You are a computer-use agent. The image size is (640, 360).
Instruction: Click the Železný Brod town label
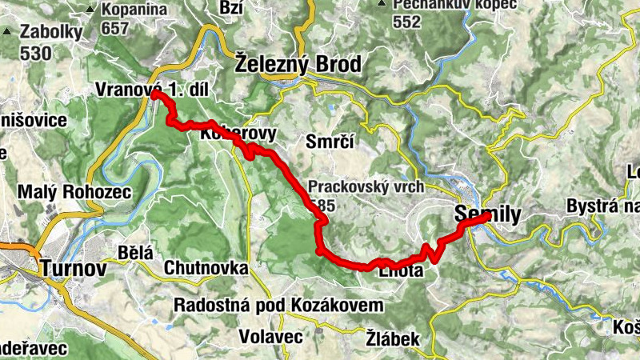298,64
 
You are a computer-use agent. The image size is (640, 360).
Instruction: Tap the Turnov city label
73,268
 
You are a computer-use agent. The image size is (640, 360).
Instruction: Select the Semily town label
487,214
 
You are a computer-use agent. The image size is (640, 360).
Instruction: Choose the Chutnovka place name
206,267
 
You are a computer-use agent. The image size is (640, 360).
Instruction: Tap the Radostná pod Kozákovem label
278,306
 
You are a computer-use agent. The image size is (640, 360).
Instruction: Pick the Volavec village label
268,337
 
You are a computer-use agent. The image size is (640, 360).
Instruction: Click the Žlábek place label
394,339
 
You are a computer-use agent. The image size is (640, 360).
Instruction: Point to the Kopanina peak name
134,10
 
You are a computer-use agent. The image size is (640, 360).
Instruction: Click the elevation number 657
116,27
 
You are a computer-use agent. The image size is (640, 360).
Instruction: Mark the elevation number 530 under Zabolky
36,53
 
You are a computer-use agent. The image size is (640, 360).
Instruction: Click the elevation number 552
406,22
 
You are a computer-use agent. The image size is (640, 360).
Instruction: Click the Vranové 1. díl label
151,90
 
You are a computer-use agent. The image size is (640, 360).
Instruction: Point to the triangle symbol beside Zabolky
8,33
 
